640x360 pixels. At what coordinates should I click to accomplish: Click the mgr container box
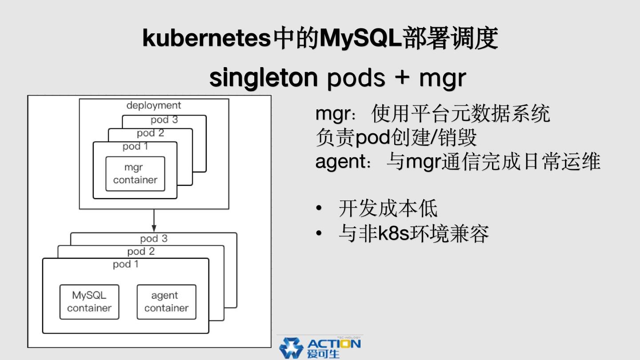[135, 174]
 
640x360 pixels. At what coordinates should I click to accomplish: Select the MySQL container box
[89, 302]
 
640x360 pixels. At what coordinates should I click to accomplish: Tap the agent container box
[166, 302]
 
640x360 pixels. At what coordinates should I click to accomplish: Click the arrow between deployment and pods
[154, 220]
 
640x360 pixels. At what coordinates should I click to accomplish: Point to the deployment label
[154, 105]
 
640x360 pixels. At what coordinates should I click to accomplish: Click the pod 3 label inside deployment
[164, 120]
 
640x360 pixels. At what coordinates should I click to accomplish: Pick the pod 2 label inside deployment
[150, 133]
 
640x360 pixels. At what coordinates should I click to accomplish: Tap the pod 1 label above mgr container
[135, 146]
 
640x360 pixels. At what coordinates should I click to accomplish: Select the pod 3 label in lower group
[154, 239]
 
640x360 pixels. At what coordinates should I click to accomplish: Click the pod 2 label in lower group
[141, 252]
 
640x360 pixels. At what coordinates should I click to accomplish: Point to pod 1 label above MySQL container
[125, 264]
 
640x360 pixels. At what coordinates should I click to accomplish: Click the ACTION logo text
[334, 344]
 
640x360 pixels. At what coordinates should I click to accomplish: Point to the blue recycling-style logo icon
[291, 348]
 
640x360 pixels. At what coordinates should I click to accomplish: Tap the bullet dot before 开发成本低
[319, 208]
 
